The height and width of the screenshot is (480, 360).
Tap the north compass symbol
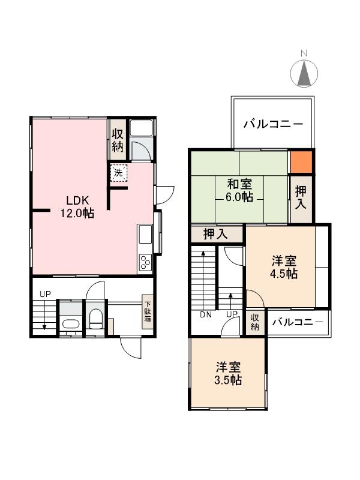pos(304,73)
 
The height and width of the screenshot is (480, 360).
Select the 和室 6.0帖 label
pos(239,190)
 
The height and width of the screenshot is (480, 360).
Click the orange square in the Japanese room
pos(301,161)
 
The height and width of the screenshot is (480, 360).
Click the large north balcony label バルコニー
pos(273,125)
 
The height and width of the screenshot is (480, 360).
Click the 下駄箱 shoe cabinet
pos(147,312)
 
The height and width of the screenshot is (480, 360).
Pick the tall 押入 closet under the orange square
pos(301,198)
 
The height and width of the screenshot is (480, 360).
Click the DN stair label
pos(206,314)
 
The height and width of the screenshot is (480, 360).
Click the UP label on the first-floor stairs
pos(45,294)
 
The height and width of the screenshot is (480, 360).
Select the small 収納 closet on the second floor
pos(255,322)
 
